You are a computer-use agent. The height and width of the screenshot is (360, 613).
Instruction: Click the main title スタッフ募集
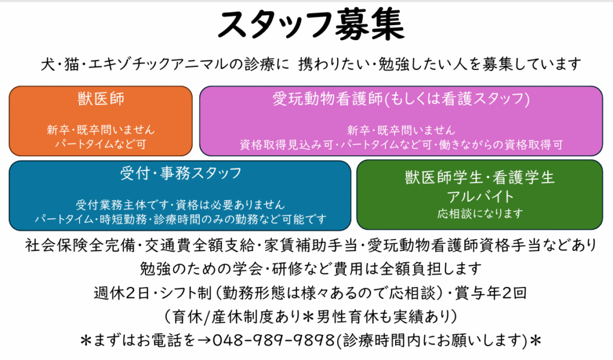tap(311, 25)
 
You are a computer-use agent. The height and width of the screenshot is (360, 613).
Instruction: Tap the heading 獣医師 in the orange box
tap(101, 99)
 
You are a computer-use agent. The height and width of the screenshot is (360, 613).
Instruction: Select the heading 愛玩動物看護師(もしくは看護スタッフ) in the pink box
tap(401, 99)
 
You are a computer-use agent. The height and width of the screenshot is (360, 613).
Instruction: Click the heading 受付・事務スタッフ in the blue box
tap(181, 173)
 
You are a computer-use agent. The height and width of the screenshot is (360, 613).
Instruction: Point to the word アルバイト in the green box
tap(480, 196)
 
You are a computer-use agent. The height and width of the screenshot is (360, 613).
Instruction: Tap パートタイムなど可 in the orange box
tap(101, 144)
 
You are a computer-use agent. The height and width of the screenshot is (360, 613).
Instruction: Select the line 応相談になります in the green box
tap(480, 213)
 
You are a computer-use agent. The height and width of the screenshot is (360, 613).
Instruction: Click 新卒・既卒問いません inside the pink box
tap(401, 130)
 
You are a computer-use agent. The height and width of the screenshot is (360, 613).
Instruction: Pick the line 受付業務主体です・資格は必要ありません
tap(180, 204)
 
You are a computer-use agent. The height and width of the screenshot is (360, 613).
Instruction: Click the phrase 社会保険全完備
tap(80, 246)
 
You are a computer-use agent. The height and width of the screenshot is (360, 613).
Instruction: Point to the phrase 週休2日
tap(122, 293)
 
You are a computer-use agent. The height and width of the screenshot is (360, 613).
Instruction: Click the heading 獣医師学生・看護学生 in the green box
tap(480, 178)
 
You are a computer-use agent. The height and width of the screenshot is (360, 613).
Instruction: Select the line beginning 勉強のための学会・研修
tap(311, 269)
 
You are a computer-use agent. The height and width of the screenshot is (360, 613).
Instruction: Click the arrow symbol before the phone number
tap(204, 340)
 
